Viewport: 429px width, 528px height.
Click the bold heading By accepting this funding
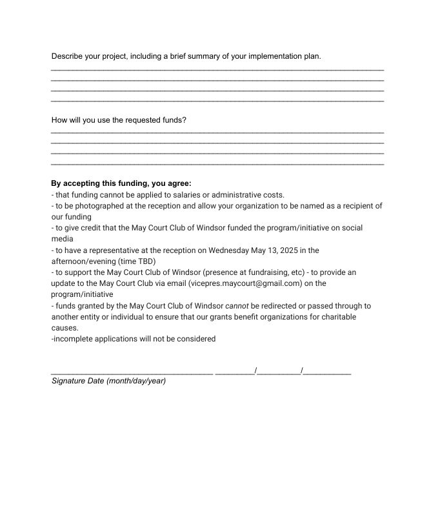pyautogui.click(x=121, y=183)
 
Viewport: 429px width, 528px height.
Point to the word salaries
pyautogui.click(x=184, y=195)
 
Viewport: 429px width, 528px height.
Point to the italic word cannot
pyautogui.click(x=237, y=306)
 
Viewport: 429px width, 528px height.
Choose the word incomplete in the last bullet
pyautogui.click(x=75, y=339)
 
